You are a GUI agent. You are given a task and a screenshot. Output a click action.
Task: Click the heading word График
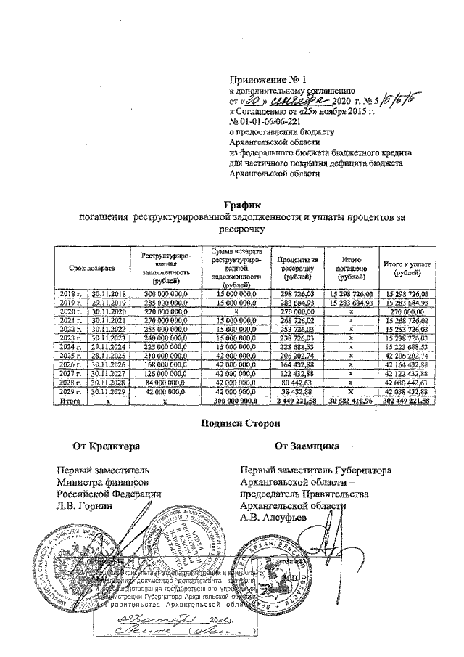244,206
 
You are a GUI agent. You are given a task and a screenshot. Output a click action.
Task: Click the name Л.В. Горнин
86,506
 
